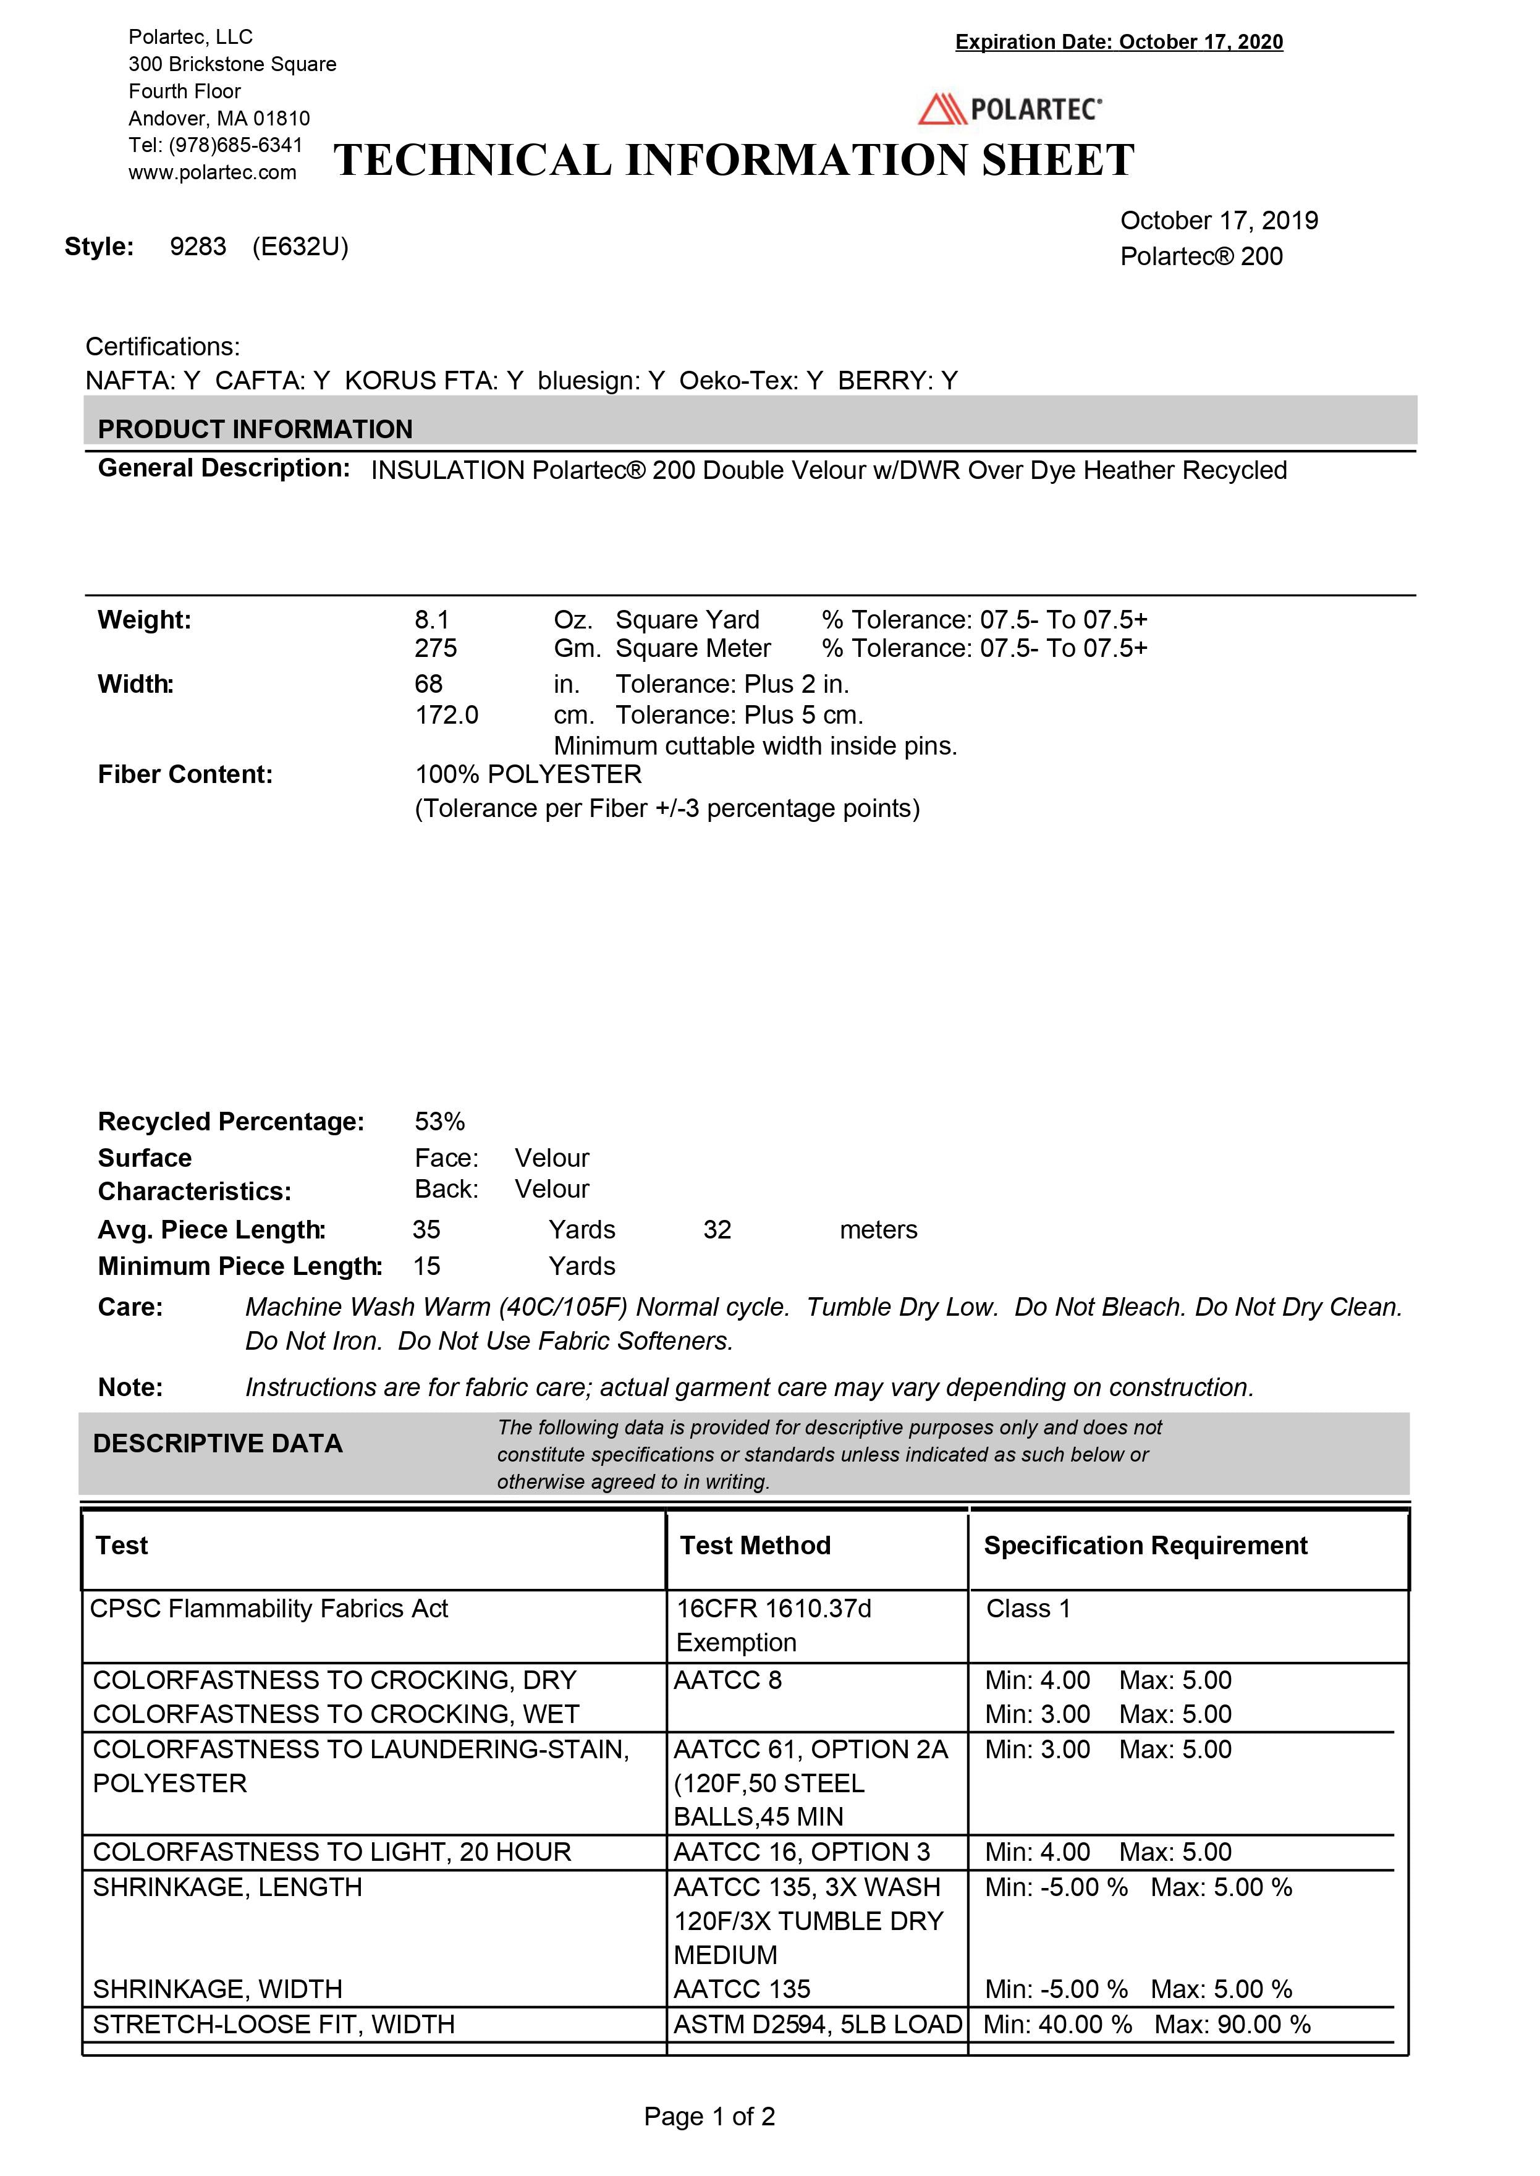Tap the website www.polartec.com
tap(213, 172)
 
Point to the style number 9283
tap(198, 247)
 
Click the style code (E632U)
tap(300, 247)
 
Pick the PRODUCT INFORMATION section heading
tap(255, 430)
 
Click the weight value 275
tap(435, 648)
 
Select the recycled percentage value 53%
tap(439, 1122)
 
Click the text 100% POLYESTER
tap(528, 774)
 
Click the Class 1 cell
tap(1028, 1609)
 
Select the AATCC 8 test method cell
tap(727, 1680)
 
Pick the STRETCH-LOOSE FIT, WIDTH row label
tap(273, 2025)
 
